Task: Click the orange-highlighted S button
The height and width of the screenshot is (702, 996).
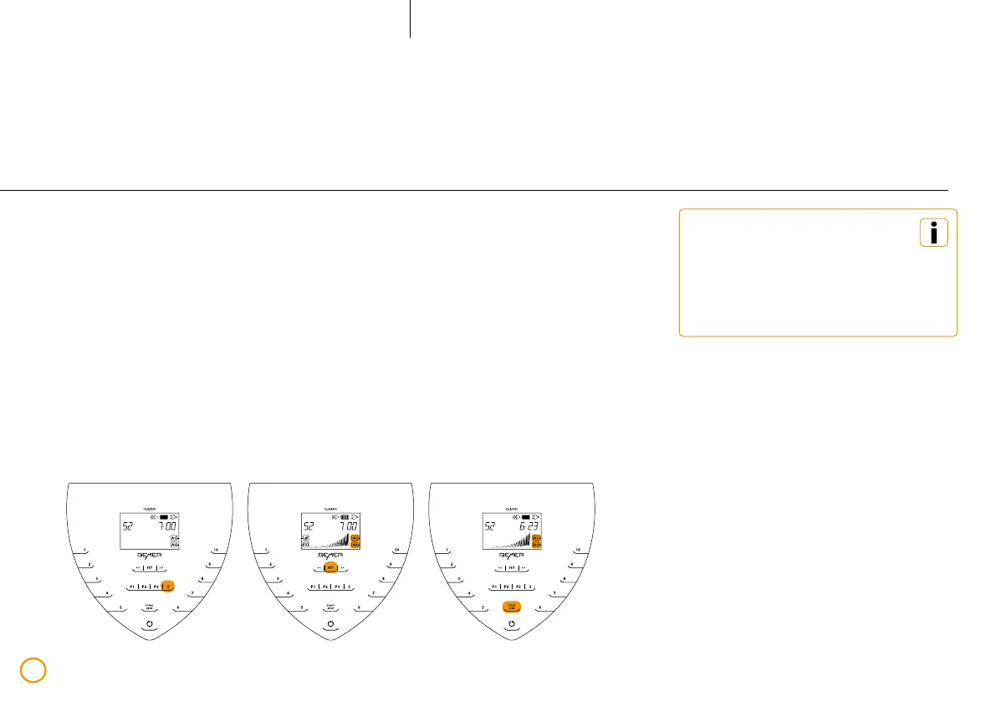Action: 169,587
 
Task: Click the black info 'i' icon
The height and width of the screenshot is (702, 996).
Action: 934,233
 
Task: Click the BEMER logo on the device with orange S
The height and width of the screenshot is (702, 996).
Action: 150,554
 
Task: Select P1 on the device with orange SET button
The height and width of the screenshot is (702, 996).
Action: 314,587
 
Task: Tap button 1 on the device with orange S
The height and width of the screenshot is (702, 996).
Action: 84,550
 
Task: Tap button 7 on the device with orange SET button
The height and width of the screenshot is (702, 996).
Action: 373,593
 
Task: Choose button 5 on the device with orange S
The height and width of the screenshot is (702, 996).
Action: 121,607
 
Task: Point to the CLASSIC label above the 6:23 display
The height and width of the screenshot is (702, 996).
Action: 512,508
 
